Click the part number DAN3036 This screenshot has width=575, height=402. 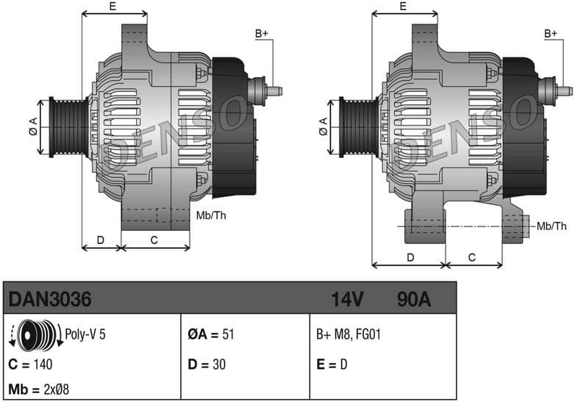[49, 300]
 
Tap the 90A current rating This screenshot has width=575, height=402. [413, 300]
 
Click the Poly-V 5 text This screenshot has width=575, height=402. [86, 334]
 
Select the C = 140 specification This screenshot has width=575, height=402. [31, 363]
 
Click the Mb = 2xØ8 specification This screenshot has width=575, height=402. [39, 388]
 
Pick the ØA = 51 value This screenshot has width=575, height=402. [211, 334]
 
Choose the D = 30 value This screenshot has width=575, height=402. [207, 363]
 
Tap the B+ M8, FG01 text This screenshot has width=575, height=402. [349, 334]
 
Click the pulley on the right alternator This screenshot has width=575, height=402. [357, 126]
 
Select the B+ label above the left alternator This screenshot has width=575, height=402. [262, 34]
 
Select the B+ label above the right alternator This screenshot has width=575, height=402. [551, 34]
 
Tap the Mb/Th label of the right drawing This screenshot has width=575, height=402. [552, 225]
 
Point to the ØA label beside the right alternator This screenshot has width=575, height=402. [323, 126]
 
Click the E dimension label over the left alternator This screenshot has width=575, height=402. [113, 7]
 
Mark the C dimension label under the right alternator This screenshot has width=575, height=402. [472, 257]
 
